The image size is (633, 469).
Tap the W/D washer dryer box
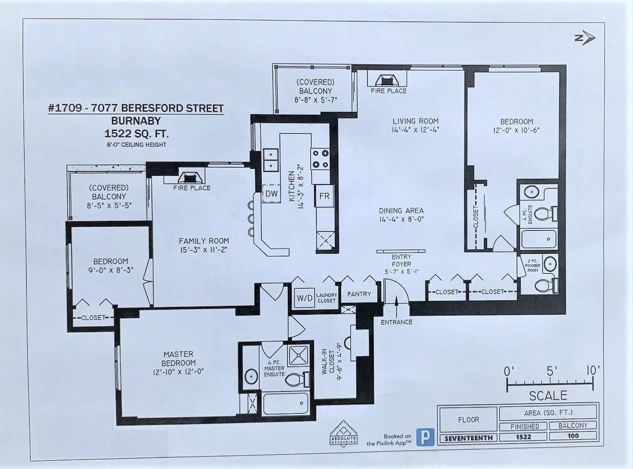pyautogui.click(x=305, y=298)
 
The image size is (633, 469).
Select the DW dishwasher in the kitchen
pyautogui.click(x=271, y=193)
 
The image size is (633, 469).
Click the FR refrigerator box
pyautogui.click(x=325, y=196)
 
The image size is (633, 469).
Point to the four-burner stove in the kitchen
pyautogui.click(x=320, y=159)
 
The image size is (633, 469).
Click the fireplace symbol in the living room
pyautogui.click(x=387, y=80)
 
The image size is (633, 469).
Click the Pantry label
pyautogui.click(x=359, y=294)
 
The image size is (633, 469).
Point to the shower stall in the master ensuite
pyautogui.click(x=298, y=355)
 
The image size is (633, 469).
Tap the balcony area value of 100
pyautogui.click(x=573, y=436)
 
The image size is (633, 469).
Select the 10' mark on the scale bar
pyautogui.click(x=593, y=371)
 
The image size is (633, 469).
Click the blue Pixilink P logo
pyautogui.click(x=425, y=437)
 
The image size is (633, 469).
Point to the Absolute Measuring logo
pyautogui.click(x=343, y=433)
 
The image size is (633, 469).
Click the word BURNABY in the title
pyautogui.click(x=136, y=121)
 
